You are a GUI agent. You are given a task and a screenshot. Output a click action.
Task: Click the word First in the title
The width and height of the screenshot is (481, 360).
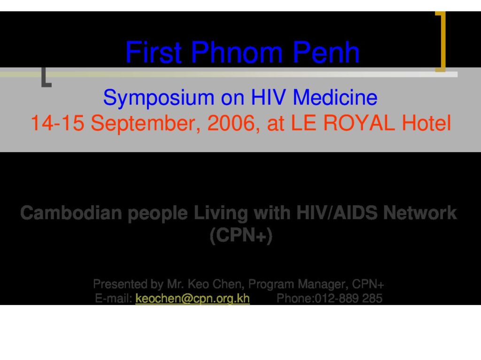tap(154, 52)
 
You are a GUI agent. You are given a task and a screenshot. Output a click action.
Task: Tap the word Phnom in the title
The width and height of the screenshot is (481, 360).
tap(237, 52)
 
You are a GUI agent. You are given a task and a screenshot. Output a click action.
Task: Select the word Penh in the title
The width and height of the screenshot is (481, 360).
tap(326, 52)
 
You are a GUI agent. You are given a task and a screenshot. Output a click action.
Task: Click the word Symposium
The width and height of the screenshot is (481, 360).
tap(158, 98)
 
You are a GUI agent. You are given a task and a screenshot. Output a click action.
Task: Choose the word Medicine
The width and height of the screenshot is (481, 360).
tap(335, 98)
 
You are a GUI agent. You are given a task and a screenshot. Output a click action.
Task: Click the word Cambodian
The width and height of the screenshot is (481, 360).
tap(71, 213)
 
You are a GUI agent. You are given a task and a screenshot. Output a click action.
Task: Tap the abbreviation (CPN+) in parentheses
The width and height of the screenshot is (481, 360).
tap(241, 236)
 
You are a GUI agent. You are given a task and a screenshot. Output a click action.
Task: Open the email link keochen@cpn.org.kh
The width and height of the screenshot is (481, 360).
tap(192, 299)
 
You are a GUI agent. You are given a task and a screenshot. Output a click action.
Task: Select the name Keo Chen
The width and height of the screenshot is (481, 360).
tap(214, 284)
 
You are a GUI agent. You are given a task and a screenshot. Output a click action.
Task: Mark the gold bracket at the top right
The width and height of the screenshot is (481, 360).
tap(443, 41)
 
